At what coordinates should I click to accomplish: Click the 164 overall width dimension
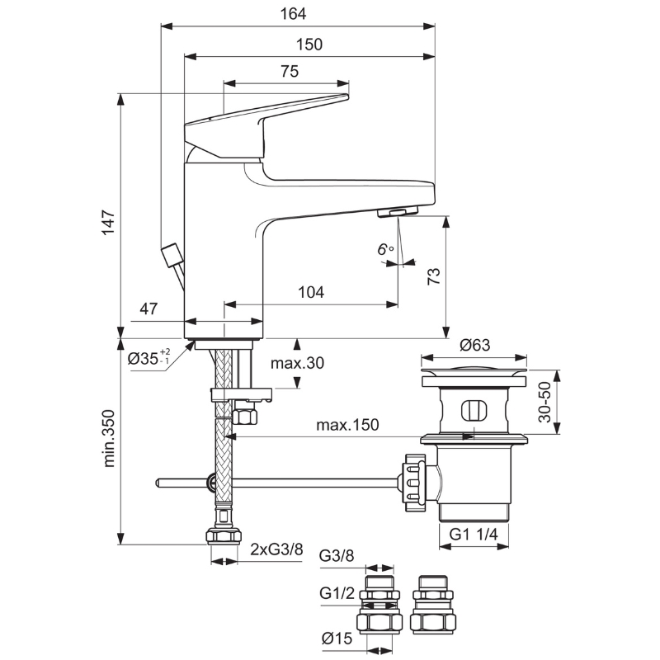tap(293, 14)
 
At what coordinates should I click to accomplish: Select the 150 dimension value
tap(309, 45)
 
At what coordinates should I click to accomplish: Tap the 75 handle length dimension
tap(290, 71)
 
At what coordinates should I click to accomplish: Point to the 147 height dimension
tap(108, 223)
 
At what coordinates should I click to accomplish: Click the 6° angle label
tap(385, 250)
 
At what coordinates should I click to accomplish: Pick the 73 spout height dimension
tap(434, 276)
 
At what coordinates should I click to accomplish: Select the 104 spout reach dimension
tap(311, 292)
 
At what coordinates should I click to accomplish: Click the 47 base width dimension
tap(148, 309)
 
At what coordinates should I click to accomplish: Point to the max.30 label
tap(297, 363)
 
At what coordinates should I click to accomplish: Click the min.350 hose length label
tap(108, 439)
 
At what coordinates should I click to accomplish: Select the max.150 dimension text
tap(347, 425)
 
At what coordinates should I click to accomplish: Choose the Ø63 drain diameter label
tap(475, 345)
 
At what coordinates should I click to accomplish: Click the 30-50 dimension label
tap(544, 402)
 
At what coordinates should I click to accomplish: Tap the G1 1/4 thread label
tap(474, 534)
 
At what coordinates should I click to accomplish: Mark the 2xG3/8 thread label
tap(276, 549)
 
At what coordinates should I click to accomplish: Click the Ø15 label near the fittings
tap(337, 639)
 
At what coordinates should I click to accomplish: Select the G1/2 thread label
tap(337, 593)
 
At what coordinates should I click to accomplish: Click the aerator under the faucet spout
tap(398, 212)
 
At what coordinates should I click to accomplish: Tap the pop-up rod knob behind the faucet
tap(171, 254)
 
